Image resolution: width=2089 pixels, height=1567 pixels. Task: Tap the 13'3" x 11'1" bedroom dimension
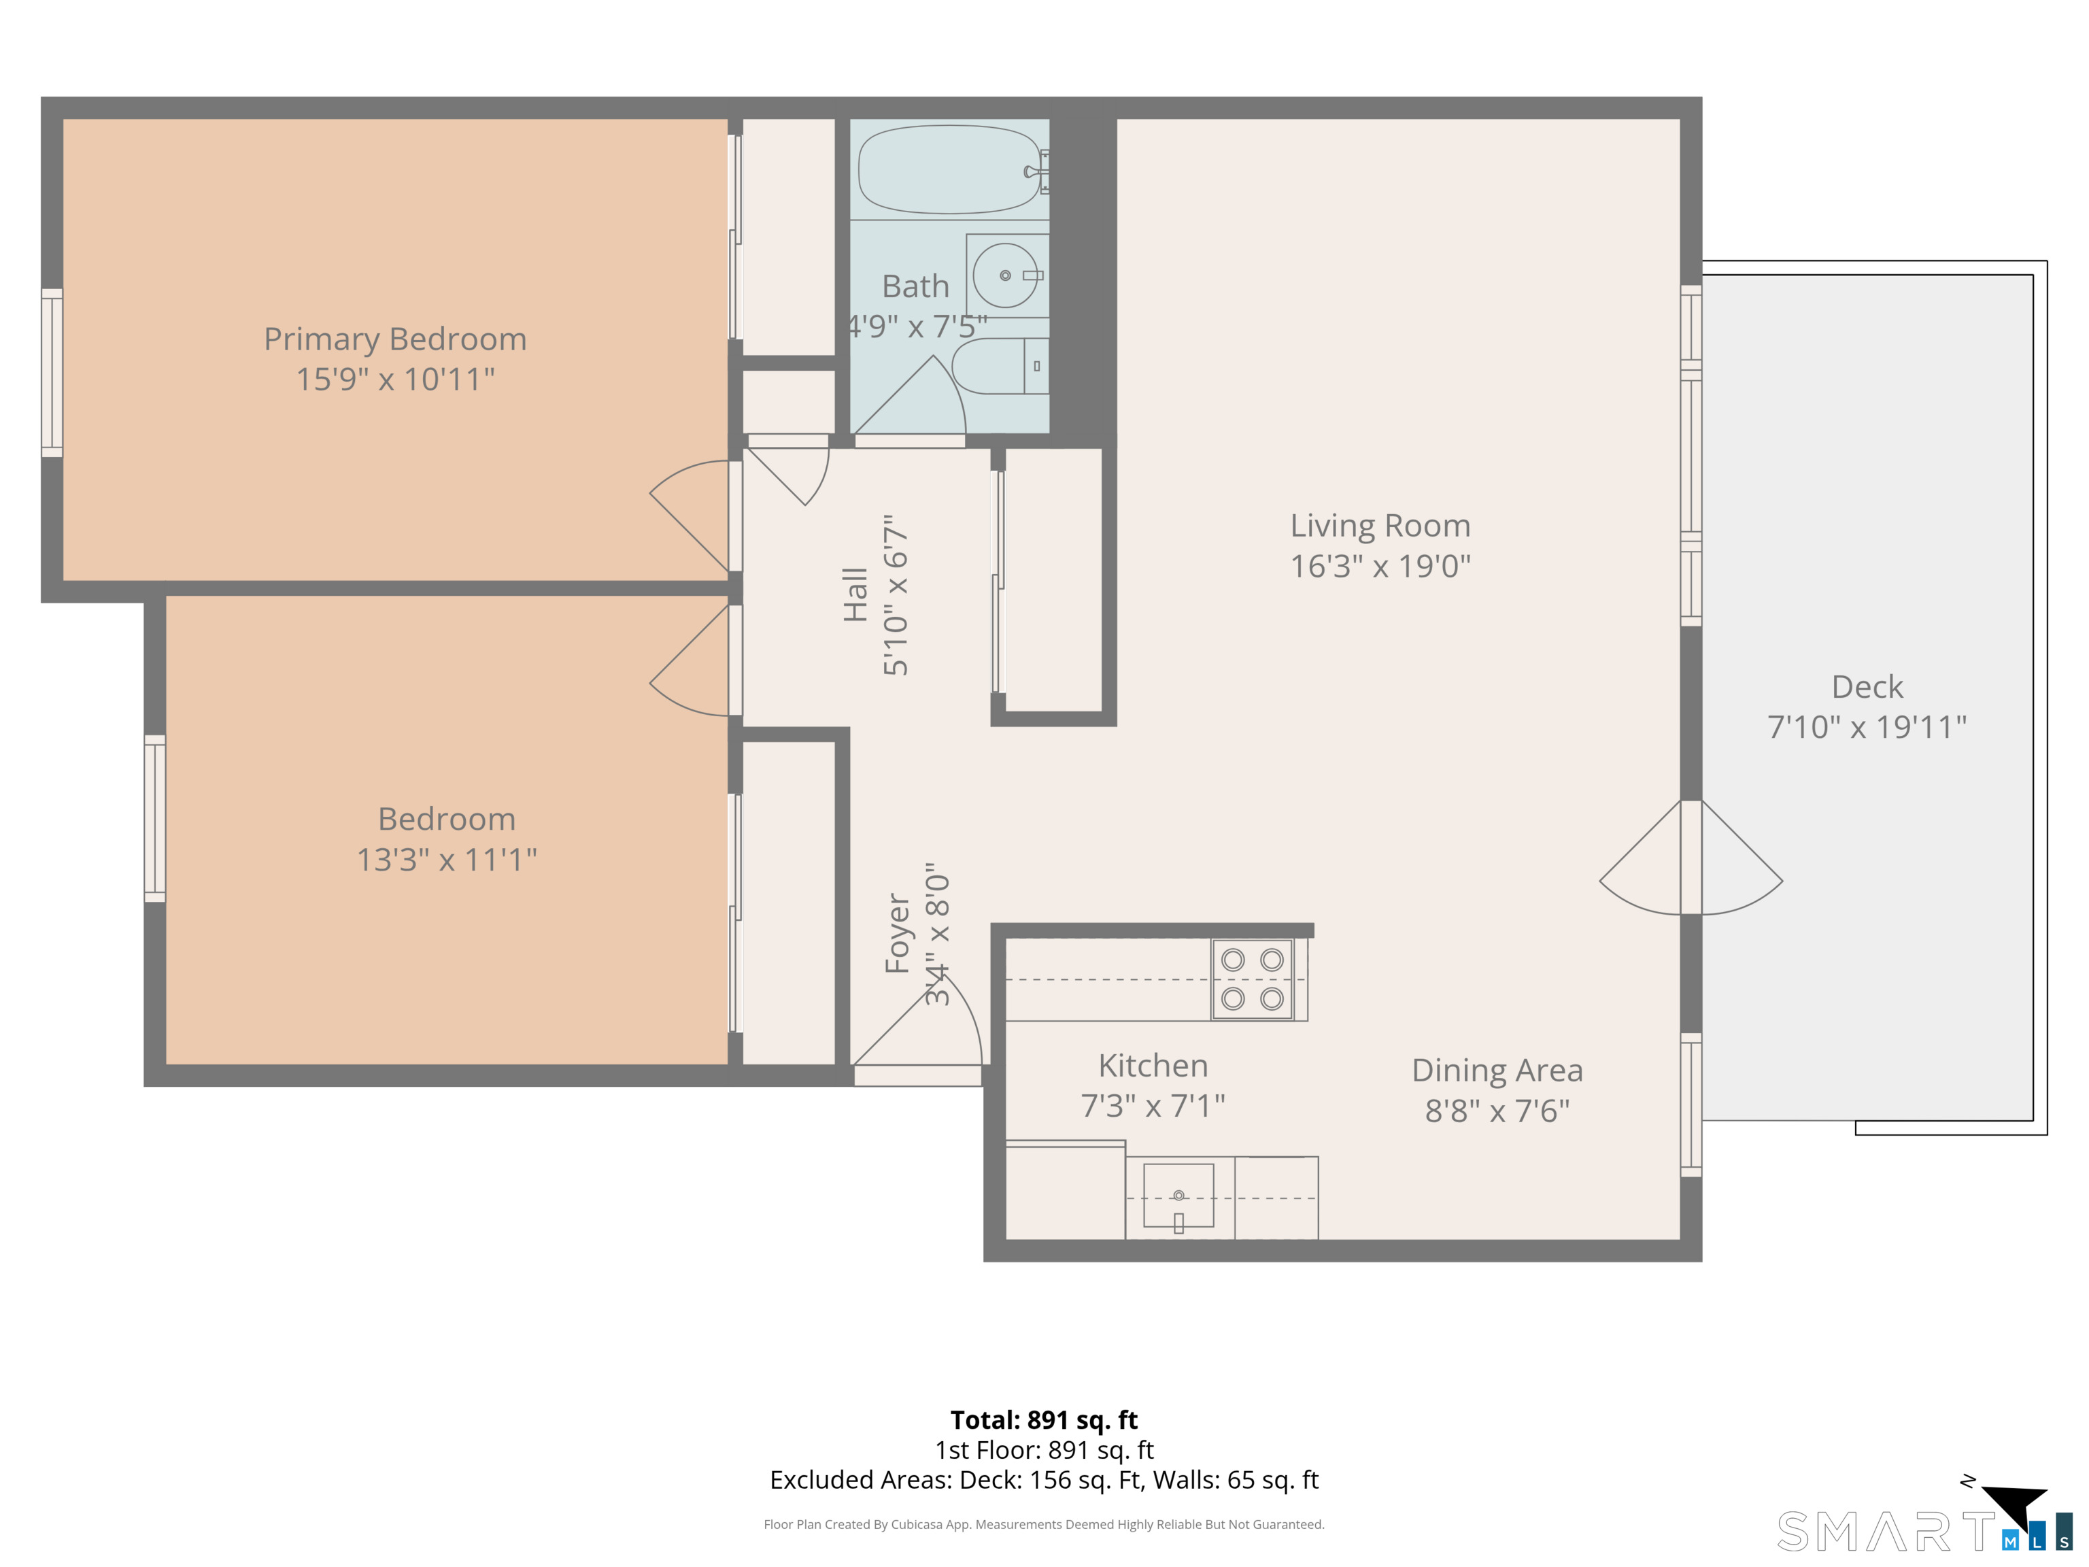point(447,860)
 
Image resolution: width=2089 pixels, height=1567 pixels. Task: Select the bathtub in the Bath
point(947,170)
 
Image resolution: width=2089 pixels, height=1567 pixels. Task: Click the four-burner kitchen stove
point(1253,979)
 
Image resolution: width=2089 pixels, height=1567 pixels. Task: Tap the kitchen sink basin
point(1178,1196)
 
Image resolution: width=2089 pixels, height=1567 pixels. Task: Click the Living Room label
point(1380,525)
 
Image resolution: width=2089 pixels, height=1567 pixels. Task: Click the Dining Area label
point(1497,1070)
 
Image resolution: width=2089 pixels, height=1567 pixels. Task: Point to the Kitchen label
point(1153,1066)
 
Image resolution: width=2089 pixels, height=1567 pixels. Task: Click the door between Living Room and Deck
point(1691,858)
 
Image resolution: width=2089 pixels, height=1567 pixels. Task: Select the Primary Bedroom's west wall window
point(52,373)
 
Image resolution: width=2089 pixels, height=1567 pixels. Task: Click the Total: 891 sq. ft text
point(1044,1419)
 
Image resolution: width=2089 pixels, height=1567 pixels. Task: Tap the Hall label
point(855,595)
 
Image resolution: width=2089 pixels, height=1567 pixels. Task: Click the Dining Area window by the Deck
point(1691,1105)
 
